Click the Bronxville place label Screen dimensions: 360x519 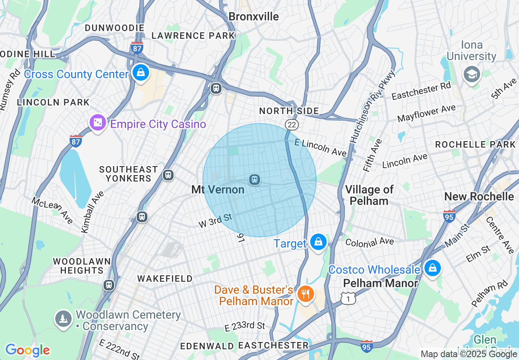click(253, 16)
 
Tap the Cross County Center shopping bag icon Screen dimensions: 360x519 click(141, 73)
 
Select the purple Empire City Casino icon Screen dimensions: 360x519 click(98, 123)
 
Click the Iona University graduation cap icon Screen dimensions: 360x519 click(472, 74)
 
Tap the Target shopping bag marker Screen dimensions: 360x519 click(318, 242)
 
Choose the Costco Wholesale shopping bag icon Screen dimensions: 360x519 click(432, 268)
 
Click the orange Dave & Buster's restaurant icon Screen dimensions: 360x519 click(305, 294)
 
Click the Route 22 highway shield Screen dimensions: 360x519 click(292, 124)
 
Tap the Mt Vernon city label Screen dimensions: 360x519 click(218, 190)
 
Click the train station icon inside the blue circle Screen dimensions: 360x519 click(255, 180)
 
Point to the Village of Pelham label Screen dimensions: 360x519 click(369, 195)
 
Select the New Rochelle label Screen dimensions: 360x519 click(479, 196)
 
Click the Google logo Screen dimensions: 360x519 click(27, 350)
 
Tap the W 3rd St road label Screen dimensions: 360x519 click(215, 220)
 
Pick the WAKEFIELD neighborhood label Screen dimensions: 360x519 click(165, 279)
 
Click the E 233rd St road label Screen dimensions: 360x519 click(245, 326)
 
